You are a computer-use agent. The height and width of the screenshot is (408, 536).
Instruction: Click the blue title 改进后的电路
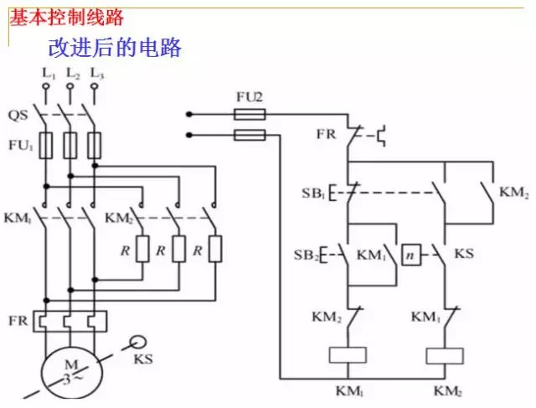116,47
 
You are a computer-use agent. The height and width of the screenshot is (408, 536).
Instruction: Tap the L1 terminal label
47,76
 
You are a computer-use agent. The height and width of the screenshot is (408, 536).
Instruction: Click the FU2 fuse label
250,97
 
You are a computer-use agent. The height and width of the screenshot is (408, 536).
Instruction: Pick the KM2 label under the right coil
447,391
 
